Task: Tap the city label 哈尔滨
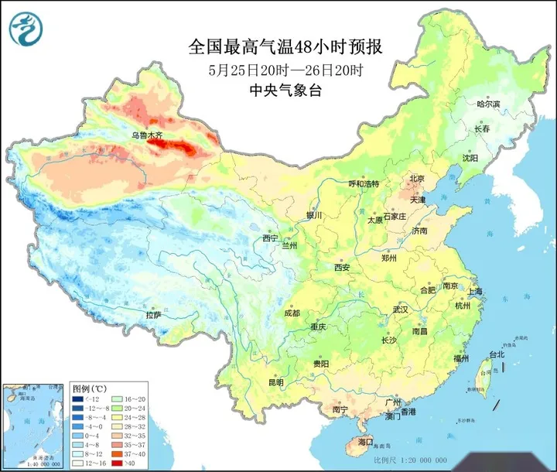click(488, 104)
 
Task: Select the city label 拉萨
click(153, 315)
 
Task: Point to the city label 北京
click(417, 179)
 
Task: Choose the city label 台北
click(494, 354)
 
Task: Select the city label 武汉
click(400, 309)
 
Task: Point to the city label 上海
click(475, 292)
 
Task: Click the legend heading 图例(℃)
click(89, 387)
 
